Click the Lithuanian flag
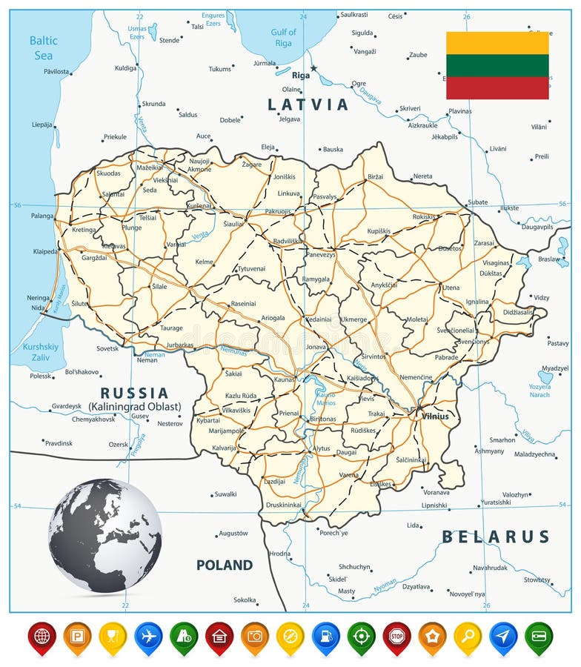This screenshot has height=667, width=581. (497, 65)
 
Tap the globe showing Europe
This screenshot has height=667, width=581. (105, 535)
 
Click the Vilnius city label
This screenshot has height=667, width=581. (435, 416)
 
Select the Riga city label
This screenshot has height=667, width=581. (301, 75)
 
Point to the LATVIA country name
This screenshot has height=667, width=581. (308, 104)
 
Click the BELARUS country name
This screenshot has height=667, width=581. (496, 537)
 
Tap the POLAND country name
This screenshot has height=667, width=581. (225, 565)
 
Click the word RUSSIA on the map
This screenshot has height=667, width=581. (135, 393)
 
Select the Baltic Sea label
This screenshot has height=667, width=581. (43, 48)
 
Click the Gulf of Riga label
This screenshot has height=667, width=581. (283, 37)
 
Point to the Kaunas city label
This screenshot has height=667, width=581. (284, 379)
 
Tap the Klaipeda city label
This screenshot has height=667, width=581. (45, 251)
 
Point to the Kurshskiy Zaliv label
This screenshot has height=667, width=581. (40, 351)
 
